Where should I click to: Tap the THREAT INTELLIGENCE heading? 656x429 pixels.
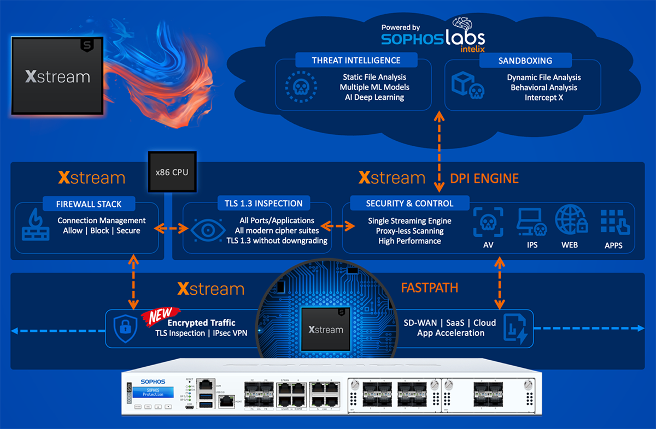(x=356, y=61)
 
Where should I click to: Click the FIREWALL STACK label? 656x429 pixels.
(x=89, y=204)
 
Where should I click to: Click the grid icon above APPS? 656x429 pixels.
(x=614, y=221)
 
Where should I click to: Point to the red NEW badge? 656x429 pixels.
(x=161, y=314)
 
